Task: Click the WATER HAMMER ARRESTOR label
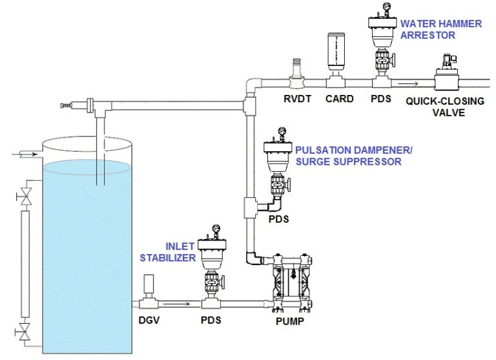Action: [x=440, y=29]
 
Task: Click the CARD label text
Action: [x=340, y=99]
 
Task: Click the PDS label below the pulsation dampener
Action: [x=278, y=219]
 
